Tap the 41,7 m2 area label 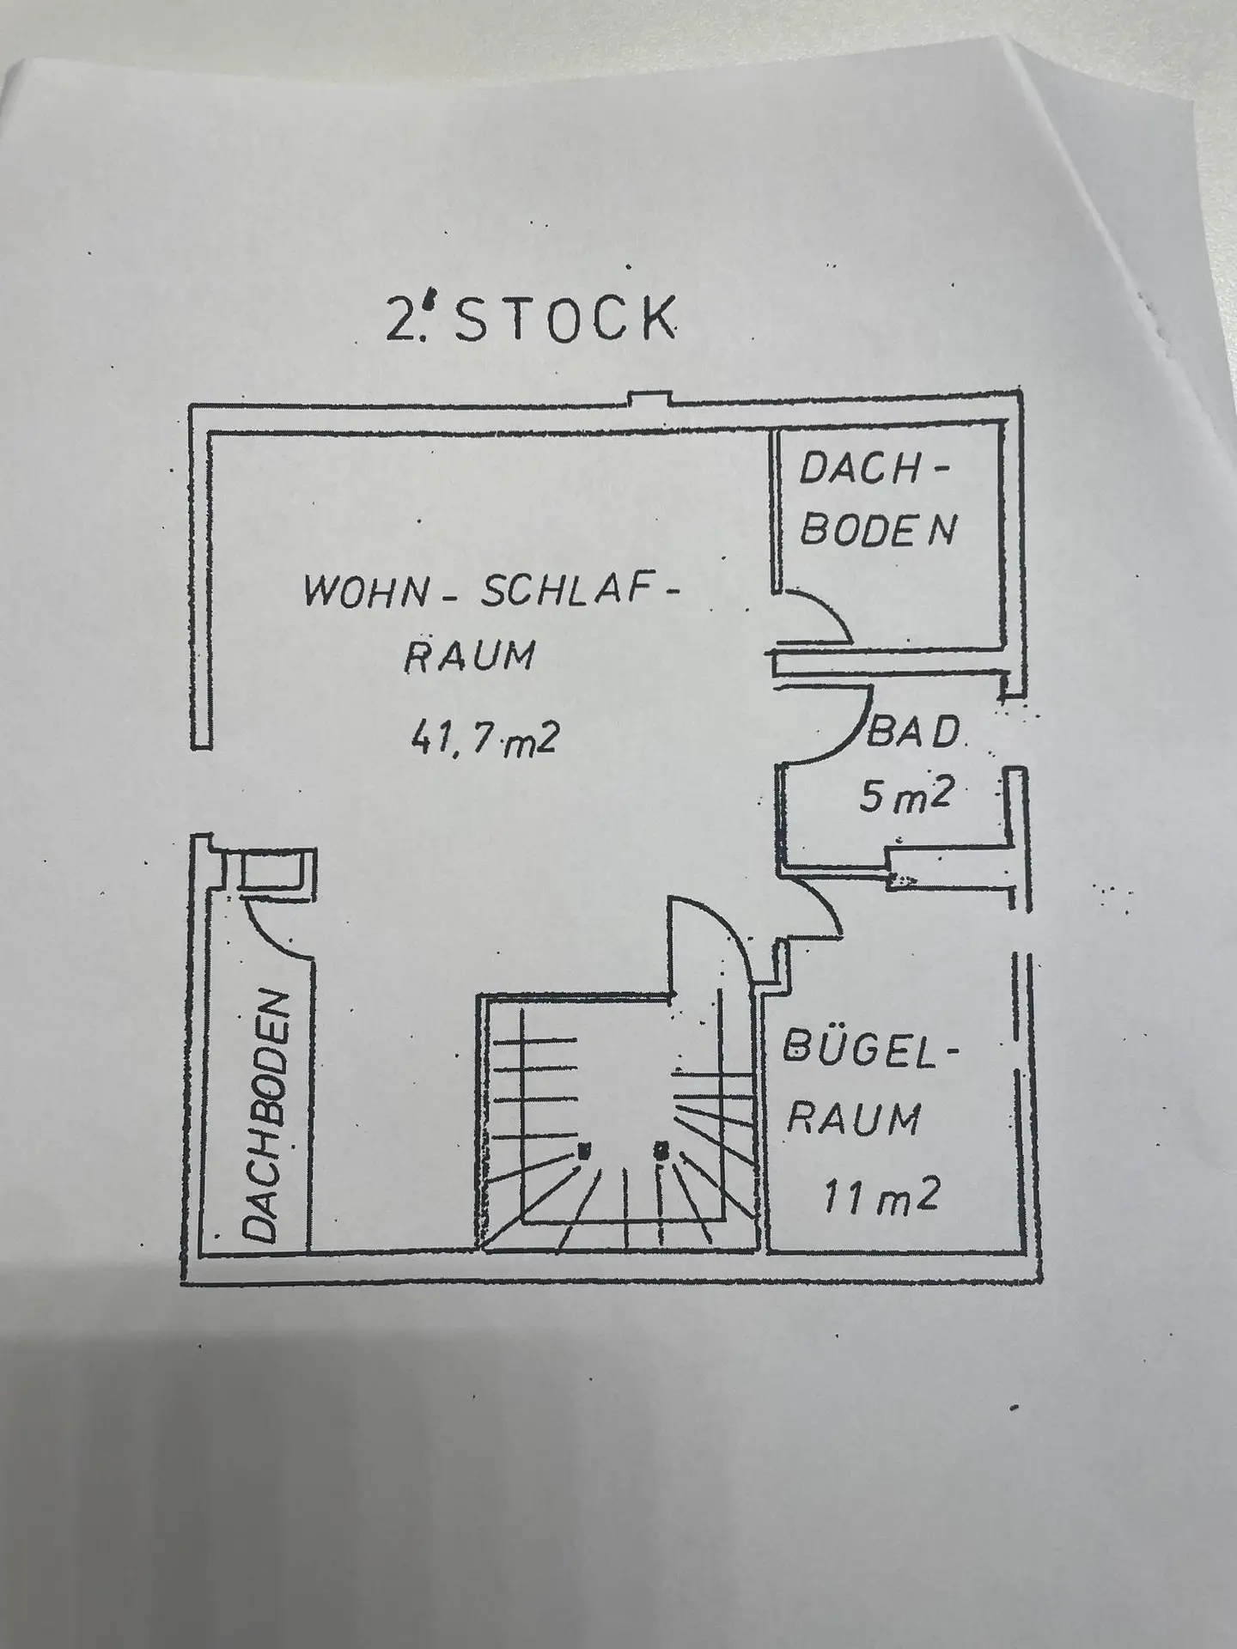point(484,738)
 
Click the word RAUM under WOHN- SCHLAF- point(469,656)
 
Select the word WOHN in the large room point(363,593)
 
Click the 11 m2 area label point(881,1192)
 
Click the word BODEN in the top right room point(878,531)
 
